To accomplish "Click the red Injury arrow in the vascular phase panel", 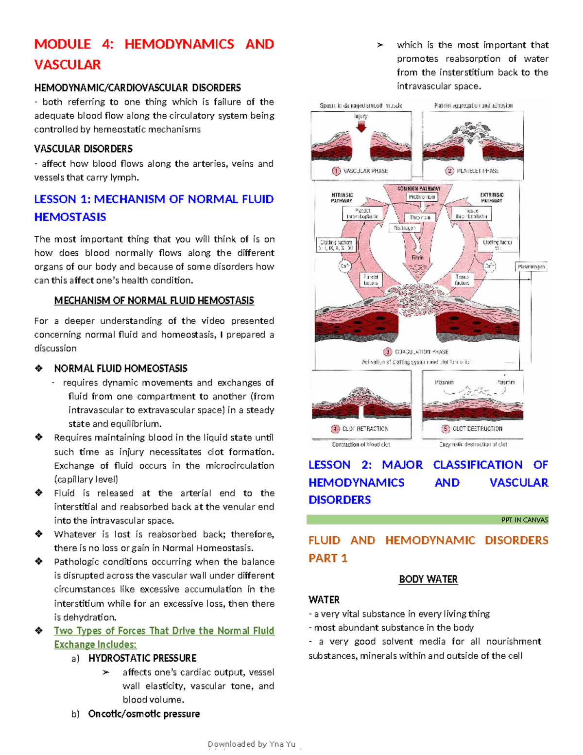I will point(361,127).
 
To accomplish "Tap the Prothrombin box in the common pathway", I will point(422,197).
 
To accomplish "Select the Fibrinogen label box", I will point(404,228).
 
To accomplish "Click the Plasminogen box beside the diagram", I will point(532,266).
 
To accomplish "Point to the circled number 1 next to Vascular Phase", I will point(336,171).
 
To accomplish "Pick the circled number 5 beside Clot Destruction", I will point(446,429).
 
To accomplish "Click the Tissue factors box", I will point(462,280).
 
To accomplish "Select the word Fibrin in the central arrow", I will point(418,257).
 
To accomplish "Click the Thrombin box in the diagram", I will point(420,218).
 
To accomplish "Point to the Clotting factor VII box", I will point(497,245).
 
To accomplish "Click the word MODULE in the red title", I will point(62,44).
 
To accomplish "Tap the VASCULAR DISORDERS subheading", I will point(83,149).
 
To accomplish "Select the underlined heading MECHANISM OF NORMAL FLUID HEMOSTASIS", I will point(154,300).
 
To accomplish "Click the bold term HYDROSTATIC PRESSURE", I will point(142,658).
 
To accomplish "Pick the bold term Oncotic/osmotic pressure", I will point(144,714).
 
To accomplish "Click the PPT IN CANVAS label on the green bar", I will point(524,520).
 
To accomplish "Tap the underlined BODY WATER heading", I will point(428,579).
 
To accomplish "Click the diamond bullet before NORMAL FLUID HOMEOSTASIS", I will point(39,369).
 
